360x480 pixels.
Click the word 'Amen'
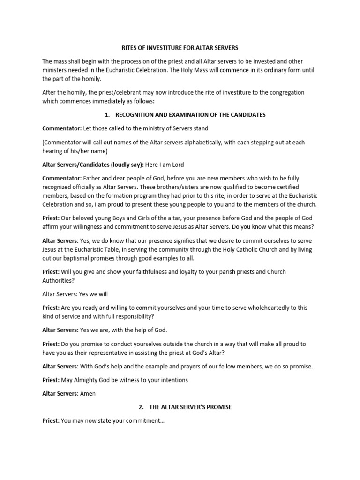click(88, 394)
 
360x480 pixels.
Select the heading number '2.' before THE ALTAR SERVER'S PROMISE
click(131, 407)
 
